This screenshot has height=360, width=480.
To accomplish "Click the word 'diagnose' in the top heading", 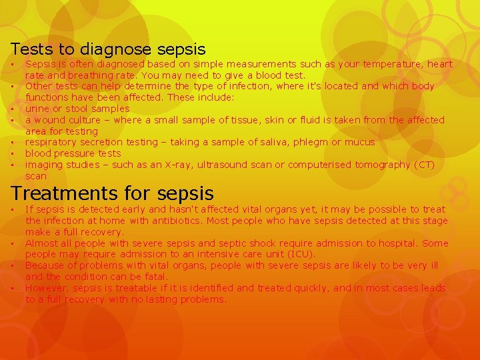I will click(109, 49).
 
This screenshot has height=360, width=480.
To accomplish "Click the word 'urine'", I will click(37, 109).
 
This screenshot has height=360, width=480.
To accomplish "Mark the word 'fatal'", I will click(157, 277).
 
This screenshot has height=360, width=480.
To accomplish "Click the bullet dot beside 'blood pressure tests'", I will click(13, 153).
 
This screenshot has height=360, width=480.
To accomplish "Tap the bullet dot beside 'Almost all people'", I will click(13, 243).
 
